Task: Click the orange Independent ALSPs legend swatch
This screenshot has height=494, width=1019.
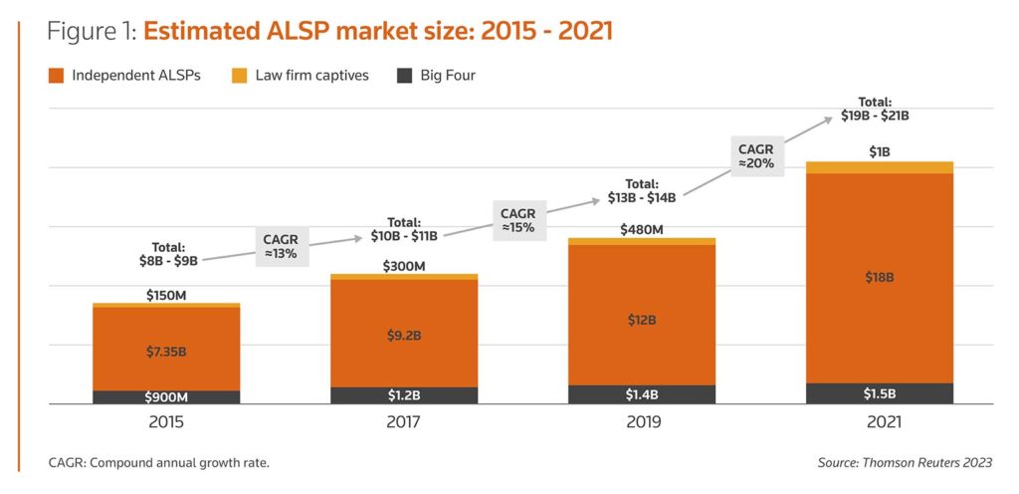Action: (57, 75)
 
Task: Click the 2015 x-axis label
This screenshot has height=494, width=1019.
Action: (166, 422)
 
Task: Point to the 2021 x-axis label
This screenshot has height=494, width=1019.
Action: (880, 422)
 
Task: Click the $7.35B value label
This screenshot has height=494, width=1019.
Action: (166, 351)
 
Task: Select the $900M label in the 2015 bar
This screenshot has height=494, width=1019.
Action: (166, 397)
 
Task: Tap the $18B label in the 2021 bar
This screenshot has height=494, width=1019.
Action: (880, 278)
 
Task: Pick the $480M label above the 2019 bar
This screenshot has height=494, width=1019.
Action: (642, 230)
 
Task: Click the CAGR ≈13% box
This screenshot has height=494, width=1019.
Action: (280, 246)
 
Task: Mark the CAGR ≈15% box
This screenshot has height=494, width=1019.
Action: (517, 220)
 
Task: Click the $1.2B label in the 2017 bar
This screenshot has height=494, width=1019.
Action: (404, 395)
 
